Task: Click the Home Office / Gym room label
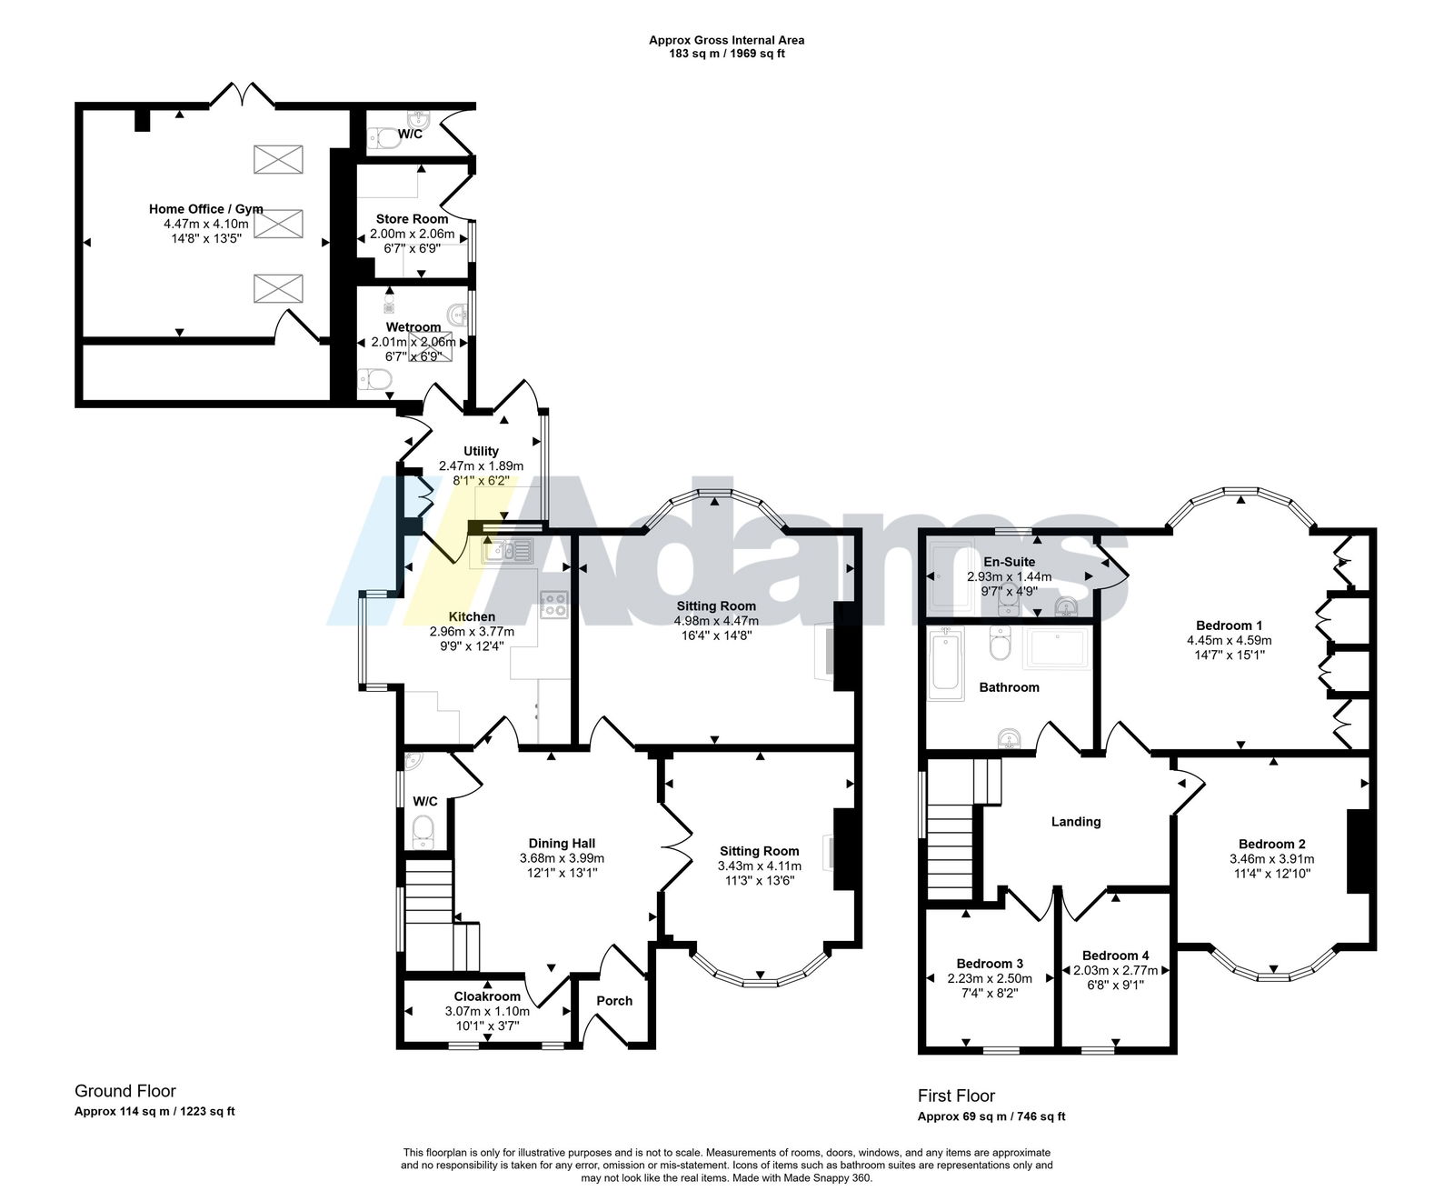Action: [206, 209]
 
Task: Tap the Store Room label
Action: [412, 219]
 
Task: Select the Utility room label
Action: [481, 451]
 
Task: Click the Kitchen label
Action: [472, 616]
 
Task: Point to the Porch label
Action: [614, 1001]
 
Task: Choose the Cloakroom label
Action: [487, 996]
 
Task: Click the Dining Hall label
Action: [562, 843]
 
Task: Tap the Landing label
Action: [1076, 822]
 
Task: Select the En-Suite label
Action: [1009, 562]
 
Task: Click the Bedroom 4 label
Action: [1115, 956]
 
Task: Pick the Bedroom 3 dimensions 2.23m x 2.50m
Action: [990, 979]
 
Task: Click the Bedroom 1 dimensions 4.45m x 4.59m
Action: [1229, 640]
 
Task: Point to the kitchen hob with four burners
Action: [553, 605]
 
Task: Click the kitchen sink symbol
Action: [507, 551]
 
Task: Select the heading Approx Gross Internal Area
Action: [726, 40]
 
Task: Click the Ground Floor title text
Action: [125, 1091]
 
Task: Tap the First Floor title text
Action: [956, 1096]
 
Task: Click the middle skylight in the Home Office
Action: [278, 223]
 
